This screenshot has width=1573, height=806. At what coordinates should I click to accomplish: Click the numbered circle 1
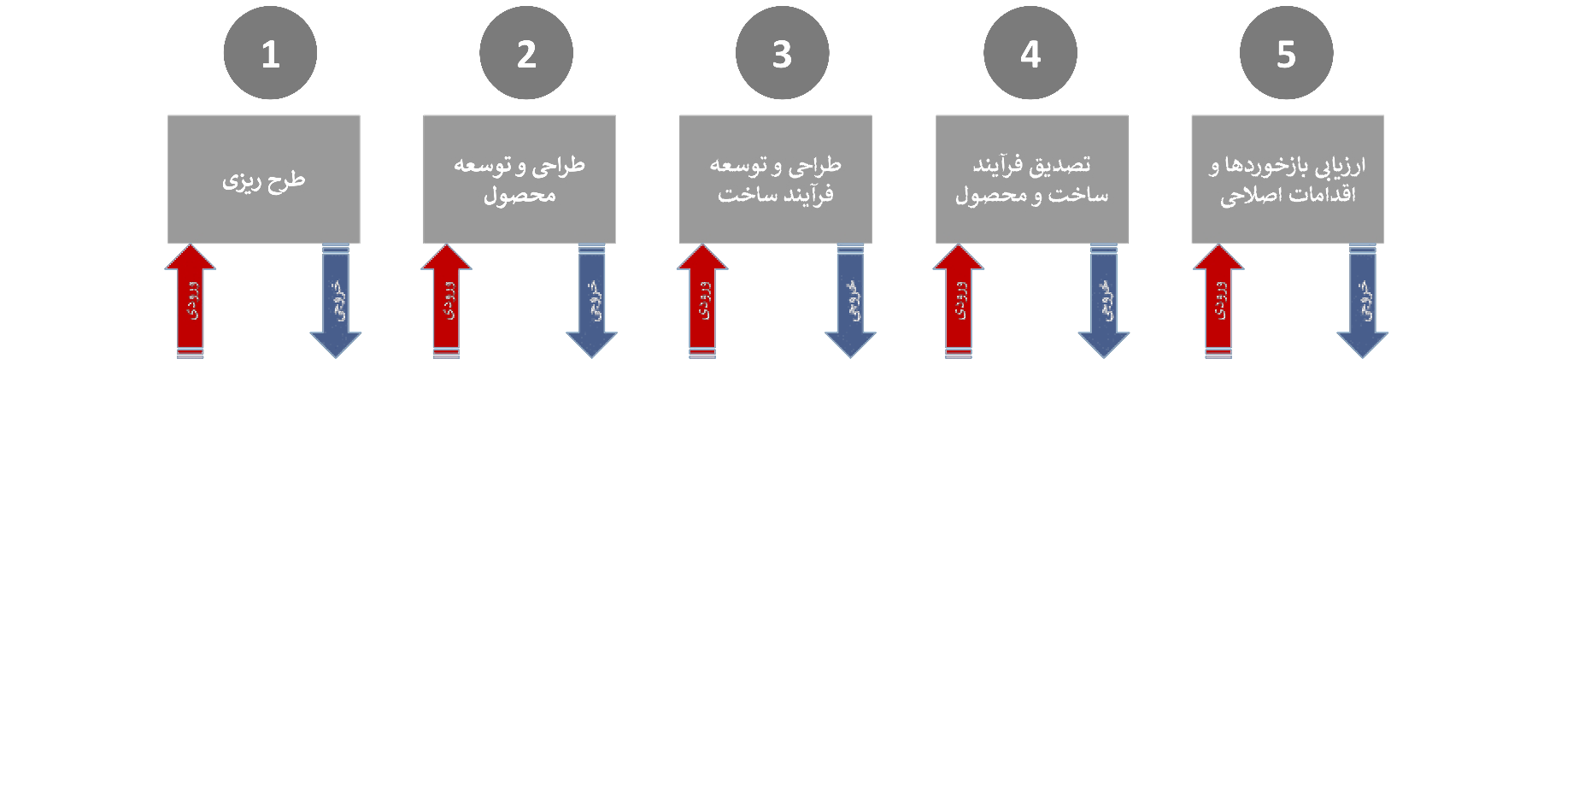point(270,53)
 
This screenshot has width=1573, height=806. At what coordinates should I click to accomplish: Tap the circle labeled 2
point(526,53)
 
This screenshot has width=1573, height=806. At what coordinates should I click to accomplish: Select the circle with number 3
point(782,53)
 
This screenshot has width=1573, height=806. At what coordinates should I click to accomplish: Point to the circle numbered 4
point(1030,53)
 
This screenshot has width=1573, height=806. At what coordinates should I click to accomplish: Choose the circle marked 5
point(1286,53)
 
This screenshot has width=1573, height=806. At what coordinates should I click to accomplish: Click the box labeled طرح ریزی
point(263,179)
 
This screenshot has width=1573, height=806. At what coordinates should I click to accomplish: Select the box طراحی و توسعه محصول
point(519,179)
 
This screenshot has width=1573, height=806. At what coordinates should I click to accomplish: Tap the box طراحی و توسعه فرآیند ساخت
point(775,179)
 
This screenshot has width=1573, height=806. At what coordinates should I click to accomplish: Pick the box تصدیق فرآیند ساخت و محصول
point(1031,179)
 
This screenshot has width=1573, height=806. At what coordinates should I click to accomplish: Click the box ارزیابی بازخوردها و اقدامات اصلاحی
point(1287,179)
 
